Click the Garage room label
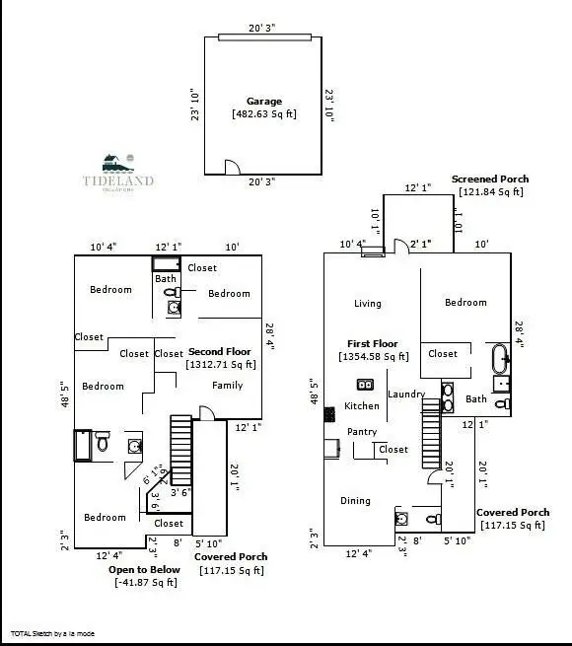[263, 102]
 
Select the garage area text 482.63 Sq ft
[263, 114]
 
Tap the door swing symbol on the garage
[230, 169]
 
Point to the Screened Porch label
[490, 179]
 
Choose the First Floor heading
[373, 344]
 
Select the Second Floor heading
[219, 352]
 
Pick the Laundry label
[405, 395]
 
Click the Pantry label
[363, 432]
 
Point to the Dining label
[355, 501]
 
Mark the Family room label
[227, 386]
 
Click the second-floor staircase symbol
[180, 449]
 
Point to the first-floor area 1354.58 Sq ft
[373, 357]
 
